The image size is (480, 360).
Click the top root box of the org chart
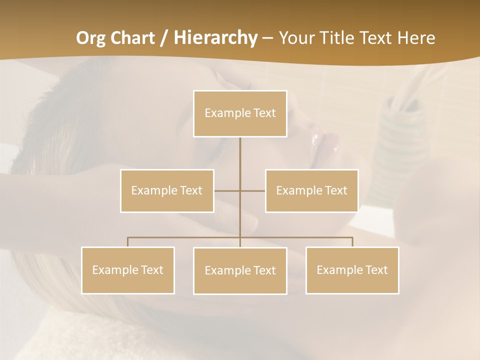click(240, 113)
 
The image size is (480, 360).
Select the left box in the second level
click(167, 190)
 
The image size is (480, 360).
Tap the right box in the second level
click(311, 190)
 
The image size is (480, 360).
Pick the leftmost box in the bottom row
click(127, 270)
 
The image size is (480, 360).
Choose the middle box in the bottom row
click(240, 270)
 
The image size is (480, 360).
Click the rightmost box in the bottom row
click(352, 270)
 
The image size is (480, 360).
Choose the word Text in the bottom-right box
click(376, 270)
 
